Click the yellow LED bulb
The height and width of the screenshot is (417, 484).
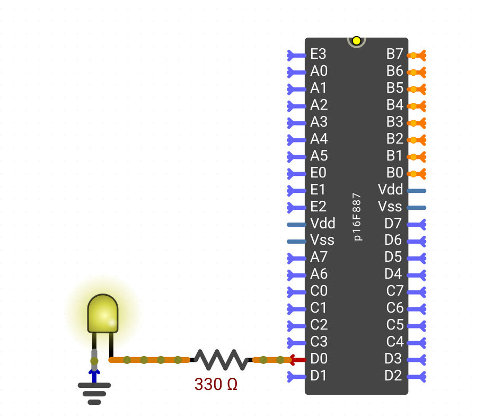click(x=103, y=313)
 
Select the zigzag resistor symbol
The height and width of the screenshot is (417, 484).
click(x=221, y=360)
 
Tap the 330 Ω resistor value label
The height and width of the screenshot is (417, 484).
click(x=216, y=384)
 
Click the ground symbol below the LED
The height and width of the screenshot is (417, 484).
click(x=94, y=394)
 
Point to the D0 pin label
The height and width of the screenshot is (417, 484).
click(x=319, y=358)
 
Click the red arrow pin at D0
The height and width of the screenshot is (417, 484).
click(x=297, y=360)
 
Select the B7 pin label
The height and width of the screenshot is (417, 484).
click(x=395, y=54)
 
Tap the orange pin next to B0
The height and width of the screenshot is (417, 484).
click(x=416, y=174)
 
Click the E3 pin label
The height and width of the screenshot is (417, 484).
click(x=318, y=54)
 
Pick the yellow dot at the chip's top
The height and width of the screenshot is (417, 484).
click(x=357, y=40)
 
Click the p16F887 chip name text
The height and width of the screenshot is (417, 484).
click(x=357, y=217)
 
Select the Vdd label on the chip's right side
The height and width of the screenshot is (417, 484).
click(x=391, y=189)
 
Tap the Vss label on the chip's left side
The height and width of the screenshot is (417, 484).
click(x=322, y=240)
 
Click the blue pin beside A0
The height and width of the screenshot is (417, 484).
click(x=297, y=73)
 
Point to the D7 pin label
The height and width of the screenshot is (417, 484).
click(x=393, y=223)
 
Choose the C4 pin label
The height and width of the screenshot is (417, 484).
click(x=395, y=341)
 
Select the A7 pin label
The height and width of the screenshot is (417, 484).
click(x=319, y=257)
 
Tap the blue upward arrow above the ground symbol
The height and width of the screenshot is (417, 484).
click(x=94, y=376)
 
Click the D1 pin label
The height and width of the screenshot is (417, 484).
click(x=318, y=375)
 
